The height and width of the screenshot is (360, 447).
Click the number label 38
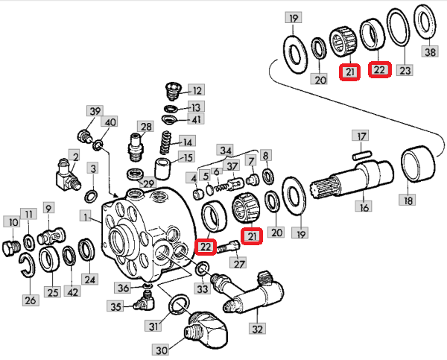click(x=431, y=52)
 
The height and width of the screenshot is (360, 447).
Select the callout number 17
click(x=361, y=136)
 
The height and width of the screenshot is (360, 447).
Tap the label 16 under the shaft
click(x=364, y=206)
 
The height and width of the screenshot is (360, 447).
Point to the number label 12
click(x=197, y=89)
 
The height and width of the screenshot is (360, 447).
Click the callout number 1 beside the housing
click(x=86, y=217)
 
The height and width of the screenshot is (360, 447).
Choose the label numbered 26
click(x=30, y=300)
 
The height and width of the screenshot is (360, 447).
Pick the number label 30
click(x=161, y=350)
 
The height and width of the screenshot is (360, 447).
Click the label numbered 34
click(x=226, y=151)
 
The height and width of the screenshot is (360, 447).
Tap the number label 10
click(x=13, y=221)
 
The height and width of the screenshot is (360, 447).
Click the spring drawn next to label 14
click(x=168, y=139)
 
